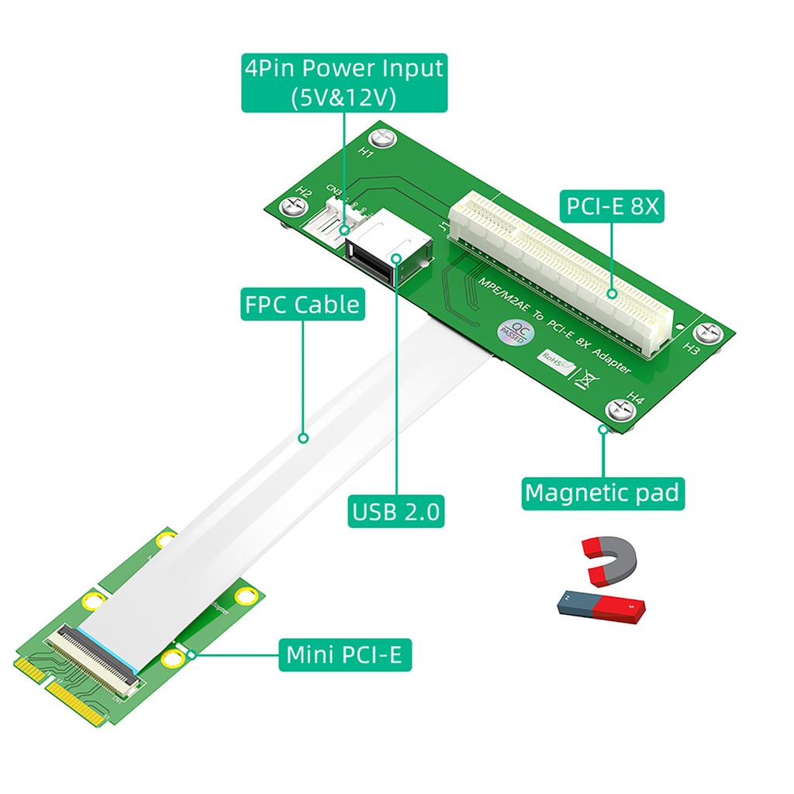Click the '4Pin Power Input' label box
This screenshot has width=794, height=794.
(343, 83)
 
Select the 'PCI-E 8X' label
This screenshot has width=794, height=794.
(613, 206)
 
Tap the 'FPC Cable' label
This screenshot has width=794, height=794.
(302, 304)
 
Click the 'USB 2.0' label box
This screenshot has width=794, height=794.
(396, 511)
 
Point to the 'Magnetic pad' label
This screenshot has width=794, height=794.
(602, 492)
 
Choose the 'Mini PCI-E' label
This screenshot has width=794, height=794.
(343, 654)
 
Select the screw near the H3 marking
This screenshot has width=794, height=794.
(709, 333)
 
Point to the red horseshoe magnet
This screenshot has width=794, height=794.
(609, 561)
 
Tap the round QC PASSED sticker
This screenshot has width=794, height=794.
(513, 331)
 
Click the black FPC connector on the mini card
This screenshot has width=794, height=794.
(93, 658)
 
